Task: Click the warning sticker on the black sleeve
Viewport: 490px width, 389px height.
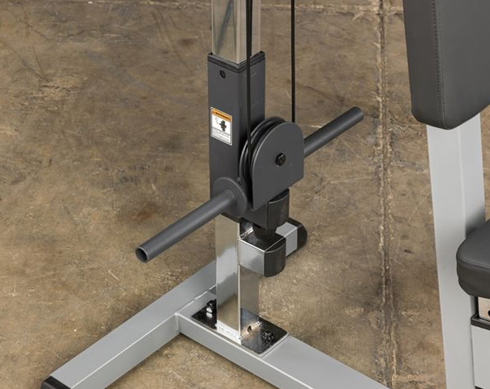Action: pos(221,126)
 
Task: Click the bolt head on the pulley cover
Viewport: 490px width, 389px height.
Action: pos(280,159)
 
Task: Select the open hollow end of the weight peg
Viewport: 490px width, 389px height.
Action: pos(143,254)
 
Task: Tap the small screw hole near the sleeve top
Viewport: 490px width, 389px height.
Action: pos(222,74)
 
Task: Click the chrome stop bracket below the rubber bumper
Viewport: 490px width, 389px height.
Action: pos(265,252)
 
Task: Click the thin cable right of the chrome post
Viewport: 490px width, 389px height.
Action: pos(293,59)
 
